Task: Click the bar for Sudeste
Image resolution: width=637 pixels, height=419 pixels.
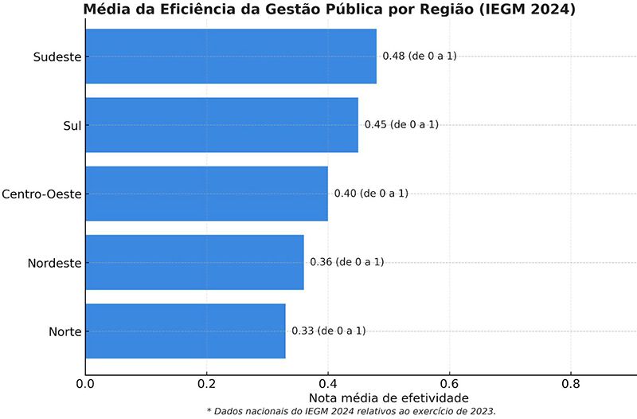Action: (x=230, y=56)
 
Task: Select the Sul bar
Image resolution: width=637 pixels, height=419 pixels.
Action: (x=221, y=124)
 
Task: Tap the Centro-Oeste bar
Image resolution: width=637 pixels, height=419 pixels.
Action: (x=206, y=194)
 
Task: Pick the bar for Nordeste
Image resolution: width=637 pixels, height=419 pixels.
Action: (x=194, y=262)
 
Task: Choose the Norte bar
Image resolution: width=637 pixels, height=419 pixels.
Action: (x=185, y=331)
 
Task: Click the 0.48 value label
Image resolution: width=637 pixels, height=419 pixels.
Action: (x=420, y=56)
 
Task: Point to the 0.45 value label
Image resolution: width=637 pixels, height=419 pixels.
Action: (x=401, y=124)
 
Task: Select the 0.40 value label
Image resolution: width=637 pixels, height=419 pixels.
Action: (x=371, y=194)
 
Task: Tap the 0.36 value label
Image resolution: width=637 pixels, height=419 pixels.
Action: (x=346, y=262)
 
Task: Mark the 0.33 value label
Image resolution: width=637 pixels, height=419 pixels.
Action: (x=328, y=331)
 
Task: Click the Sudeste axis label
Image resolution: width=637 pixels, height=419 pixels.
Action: (x=57, y=57)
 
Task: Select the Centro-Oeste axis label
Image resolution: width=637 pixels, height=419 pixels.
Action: (x=41, y=194)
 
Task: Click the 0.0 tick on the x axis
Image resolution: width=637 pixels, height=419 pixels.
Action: (x=85, y=382)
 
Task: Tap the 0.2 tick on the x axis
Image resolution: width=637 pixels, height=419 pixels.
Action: (x=206, y=382)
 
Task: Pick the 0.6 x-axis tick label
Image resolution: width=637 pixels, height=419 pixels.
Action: (x=449, y=382)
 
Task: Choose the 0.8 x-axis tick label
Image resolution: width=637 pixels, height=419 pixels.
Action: (x=570, y=382)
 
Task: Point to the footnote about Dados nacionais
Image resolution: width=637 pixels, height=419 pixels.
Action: (x=351, y=411)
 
